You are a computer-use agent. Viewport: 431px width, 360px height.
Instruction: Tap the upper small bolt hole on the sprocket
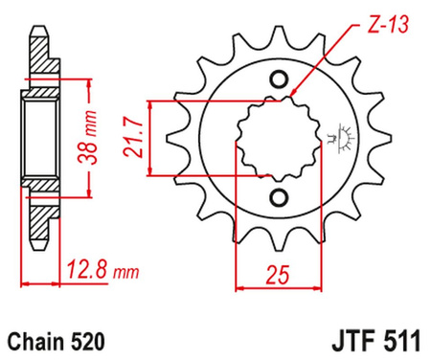(280, 79)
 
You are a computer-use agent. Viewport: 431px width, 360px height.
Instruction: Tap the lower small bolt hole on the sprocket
(280, 197)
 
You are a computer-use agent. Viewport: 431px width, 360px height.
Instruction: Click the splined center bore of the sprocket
(276, 138)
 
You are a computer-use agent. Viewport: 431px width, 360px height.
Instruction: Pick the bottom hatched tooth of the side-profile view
(37, 225)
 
